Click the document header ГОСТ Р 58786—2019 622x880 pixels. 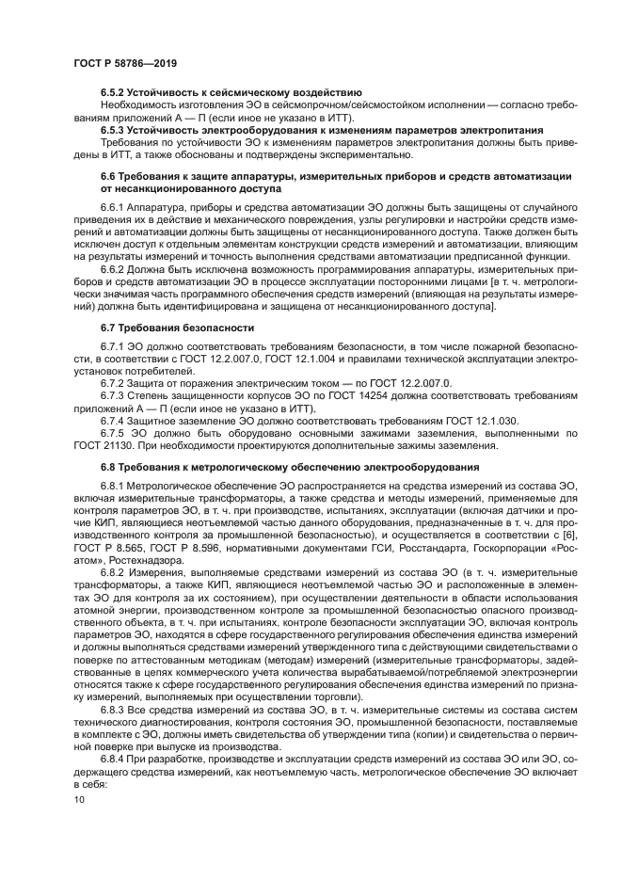[x=125, y=62]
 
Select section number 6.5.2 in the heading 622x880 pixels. [x=117, y=92]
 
